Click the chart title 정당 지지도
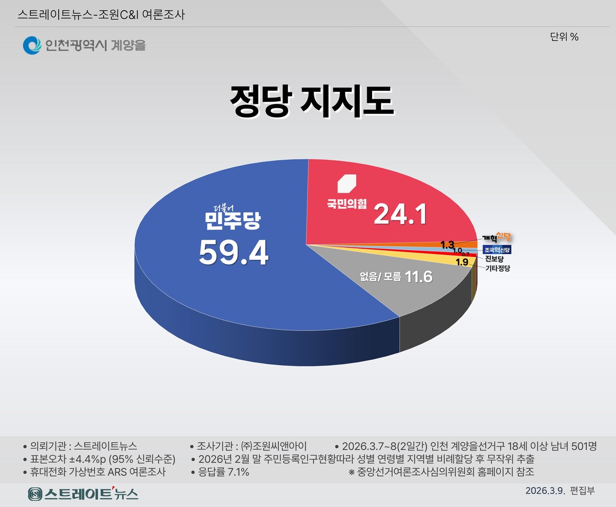pyautogui.click(x=311, y=101)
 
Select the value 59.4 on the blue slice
pyautogui.click(x=233, y=253)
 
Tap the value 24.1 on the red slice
pyautogui.click(x=400, y=214)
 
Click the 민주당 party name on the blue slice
pyautogui.click(x=232, y=220)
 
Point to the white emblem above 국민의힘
pyautogui.click(x=346, y=183)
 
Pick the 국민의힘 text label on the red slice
pyautogui.click(x=346, y=203)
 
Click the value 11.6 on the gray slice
pyautogui.click(x=419, y=277)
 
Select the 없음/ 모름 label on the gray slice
pyautogui.click(x=380, y=277)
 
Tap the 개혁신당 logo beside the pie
pyautogui.click(x=497, y=238)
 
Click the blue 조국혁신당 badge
pyautogui.click(x=497, y=250)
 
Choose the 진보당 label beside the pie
pyautogui.click(x=494, y=259)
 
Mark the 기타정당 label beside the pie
pyautogui.click(x=497, y=268)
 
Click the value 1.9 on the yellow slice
pyautogui.click(x=462, y=262)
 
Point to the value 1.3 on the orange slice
pyautogui.click(x=447, y=245)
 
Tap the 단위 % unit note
pyautogui.click(x=564, y=37)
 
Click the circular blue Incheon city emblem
pyautogui.click(x=32, y=45)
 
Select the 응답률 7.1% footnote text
pyautogui.click(x=224, y=472)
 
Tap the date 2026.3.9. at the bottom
pyautogui.click(x=545, y=491)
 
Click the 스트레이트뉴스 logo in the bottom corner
pyautogui.click(x=83, y=494)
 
